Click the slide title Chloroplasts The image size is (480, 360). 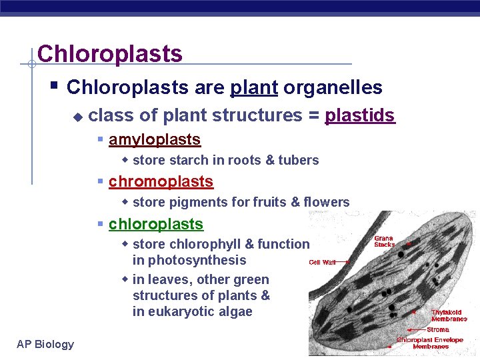pyautogui.click(x=110, y=53)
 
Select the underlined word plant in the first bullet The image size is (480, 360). pyautogui.click(x=253, y=87)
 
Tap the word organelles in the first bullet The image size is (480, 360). pyautogui.click(x=333, y=87)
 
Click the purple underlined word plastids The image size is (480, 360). pyautogui.click(x=359, y=115)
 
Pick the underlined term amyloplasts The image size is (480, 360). pyautogui.click(x=155, y=139)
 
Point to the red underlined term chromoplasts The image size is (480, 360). pyautogui.click(x=161, y=181)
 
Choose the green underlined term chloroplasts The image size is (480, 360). pyautogui.click(x=156, y=224)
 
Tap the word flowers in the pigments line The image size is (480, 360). pyautogui.click(x=326, y=202)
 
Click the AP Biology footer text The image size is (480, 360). pyautogui.click(x=45, y=344)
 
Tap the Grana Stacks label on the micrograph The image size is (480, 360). pyautogui.click(x=384, y=241)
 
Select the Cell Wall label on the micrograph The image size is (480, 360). pyautogui.click(x=323, y=262)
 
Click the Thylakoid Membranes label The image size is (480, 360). pyautogui.click(x=449, y=315)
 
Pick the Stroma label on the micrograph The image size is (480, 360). pyautogui.click(x=438, y=329)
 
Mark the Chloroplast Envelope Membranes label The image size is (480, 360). pyautogui.click(x=429, y=343)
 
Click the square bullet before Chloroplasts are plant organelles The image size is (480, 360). pyautogui.click(x=55, y=87)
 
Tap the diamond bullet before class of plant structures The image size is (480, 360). pyautogui.click(x=78, y=117)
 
